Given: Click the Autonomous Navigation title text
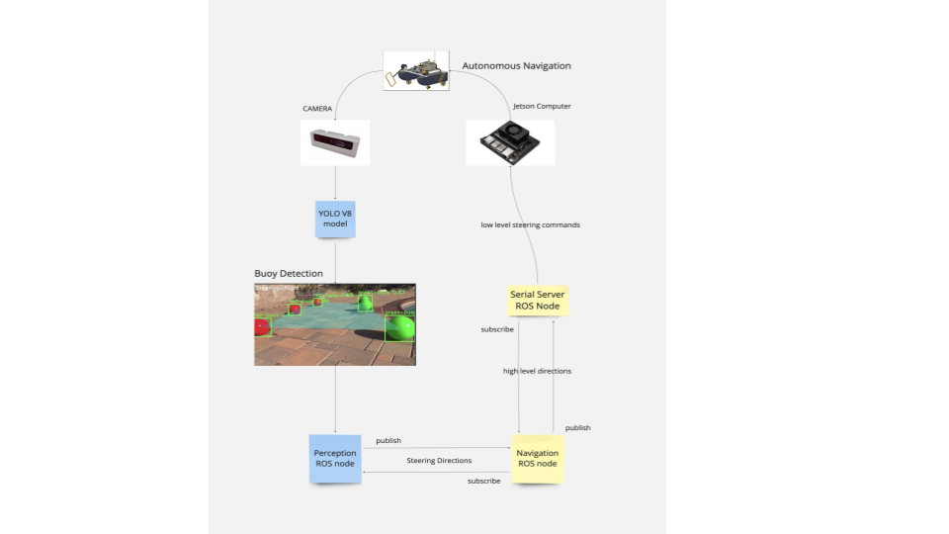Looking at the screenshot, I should [x=516, y=66].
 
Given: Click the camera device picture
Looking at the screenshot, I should [x=335, y=143].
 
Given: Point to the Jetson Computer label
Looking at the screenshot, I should [x=542, y=106].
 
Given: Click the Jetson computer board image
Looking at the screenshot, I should [x=510, y=143].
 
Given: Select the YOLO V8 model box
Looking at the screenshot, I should [x=336, y=218].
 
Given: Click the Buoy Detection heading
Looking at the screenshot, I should [x=289, y=273].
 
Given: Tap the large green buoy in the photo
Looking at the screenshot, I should [x=399, y=327].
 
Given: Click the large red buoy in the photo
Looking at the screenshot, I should [x=262, y=326].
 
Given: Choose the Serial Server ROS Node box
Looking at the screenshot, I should [x=537, y=300].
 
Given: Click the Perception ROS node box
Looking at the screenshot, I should [x=335, y=459].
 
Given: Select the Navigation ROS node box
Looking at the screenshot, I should [x=537, y=458].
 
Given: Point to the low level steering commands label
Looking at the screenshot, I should [x=530, y=224].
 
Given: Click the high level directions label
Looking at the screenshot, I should [x=537, y=371].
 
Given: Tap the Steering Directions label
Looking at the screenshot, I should [x=439, y=461].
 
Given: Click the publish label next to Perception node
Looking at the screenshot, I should [x=388, y=440].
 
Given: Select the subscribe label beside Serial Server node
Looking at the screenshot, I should [x=497, y=328].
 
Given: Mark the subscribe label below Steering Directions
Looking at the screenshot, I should [x=483, y=481].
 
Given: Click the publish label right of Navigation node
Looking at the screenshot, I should [x=578, y=427].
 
